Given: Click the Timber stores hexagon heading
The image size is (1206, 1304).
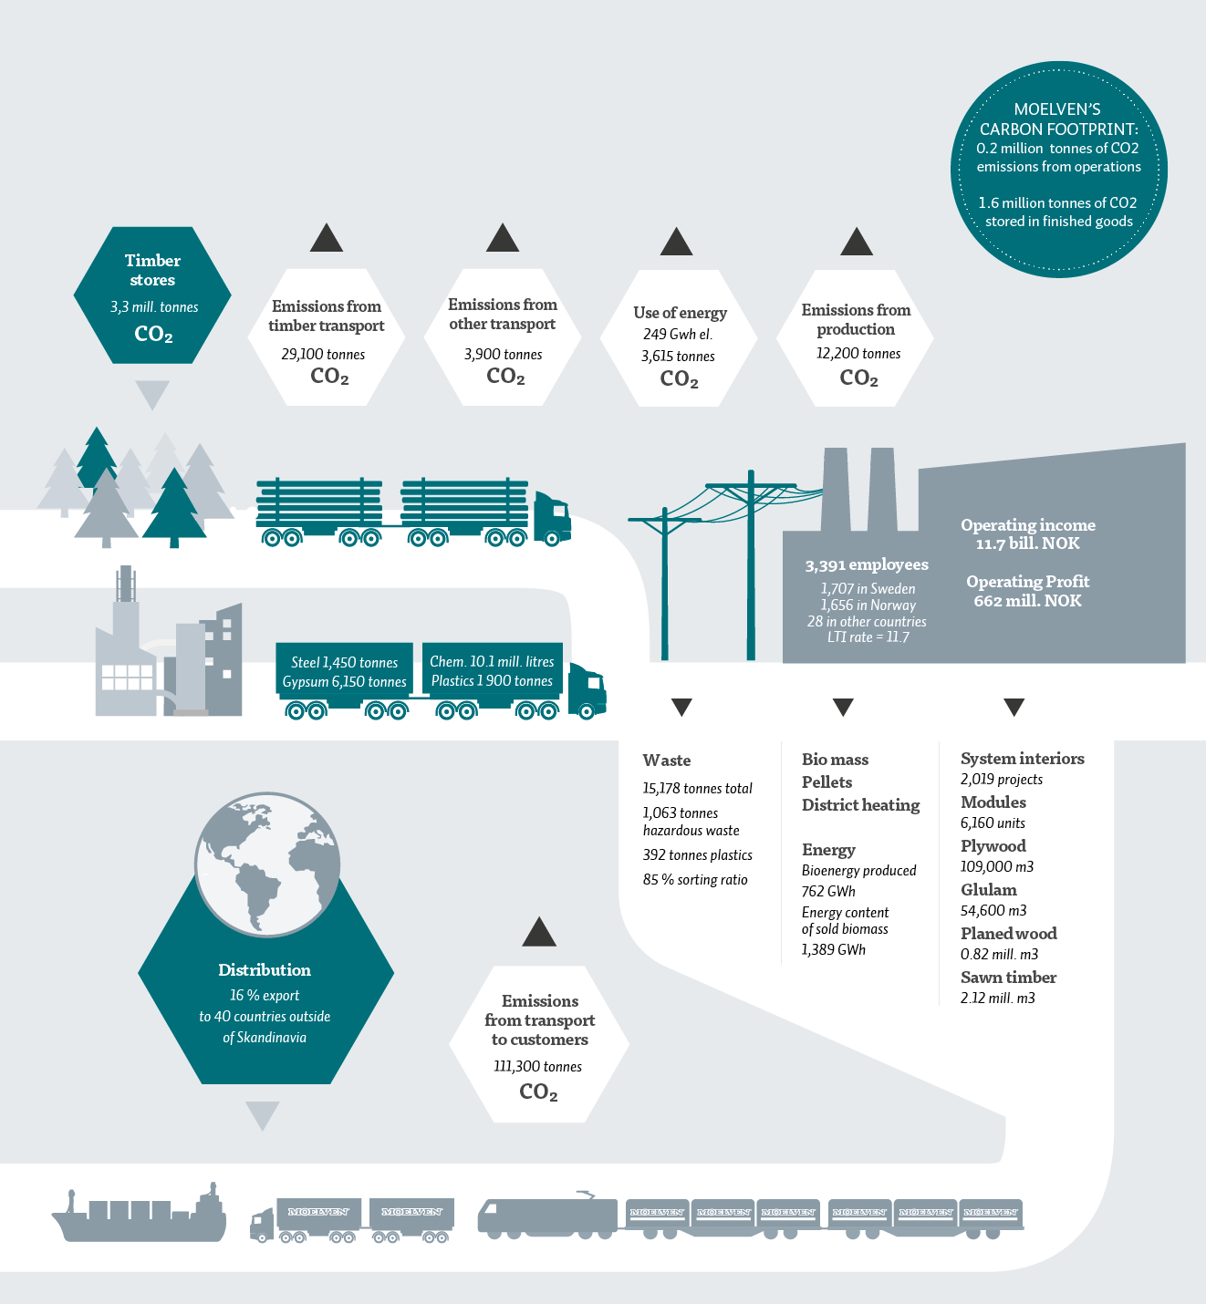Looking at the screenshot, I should pyautogui.click(x=152, y=270).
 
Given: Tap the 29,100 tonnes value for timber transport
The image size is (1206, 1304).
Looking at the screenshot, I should pyautogui.click(x=323, y=354).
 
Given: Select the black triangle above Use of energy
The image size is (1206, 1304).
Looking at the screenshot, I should pyautogui.click(x=676, y=242).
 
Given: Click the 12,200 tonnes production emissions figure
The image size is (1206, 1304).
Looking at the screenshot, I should pyautogui.click(x=858, y=353).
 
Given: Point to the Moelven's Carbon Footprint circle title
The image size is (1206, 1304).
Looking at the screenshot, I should pyautogui.click(x=1058, y=119).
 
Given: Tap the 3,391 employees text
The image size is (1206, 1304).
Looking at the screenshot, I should pyautogui.click(x=866, y=565).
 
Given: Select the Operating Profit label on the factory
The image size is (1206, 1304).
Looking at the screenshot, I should pyautogui.click(x=1027, y=582).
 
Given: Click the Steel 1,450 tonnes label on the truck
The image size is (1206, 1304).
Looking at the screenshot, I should pyautogui.click(x=344, y=662).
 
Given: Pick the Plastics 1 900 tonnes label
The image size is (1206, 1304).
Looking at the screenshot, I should pyautogui.click(x=492, y=681).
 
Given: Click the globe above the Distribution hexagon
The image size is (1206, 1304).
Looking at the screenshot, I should pyautogui.click(x=267, y=864).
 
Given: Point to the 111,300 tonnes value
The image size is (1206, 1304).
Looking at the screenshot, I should pyautogui.click(x=537, y=1066).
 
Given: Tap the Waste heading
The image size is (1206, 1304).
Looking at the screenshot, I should pyautogui.click(x=667, y=761).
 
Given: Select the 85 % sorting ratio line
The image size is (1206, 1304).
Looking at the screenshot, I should pyautogui.click(x=695, y=880).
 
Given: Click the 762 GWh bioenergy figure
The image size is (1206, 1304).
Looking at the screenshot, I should pyautogui.click(x=828, y=891).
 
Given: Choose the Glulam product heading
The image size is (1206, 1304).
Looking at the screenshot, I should pyautogui.click(x=988, y=890).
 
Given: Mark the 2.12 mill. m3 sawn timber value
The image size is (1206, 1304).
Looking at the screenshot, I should pyautogui.click(x=997, y=998).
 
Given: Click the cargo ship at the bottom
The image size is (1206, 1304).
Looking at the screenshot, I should pyautogui.click(x=139, y=1217).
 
